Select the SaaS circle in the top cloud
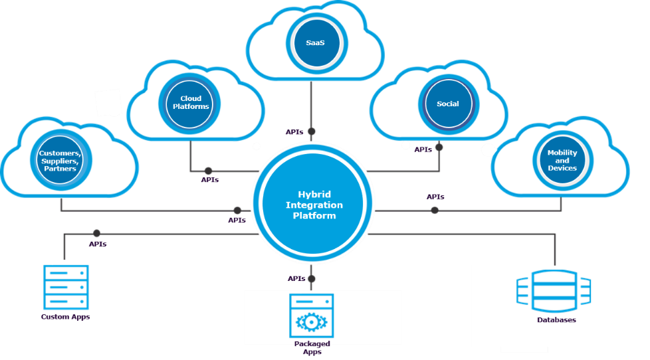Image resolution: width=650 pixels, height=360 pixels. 315,43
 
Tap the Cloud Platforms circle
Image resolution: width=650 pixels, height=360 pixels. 191,103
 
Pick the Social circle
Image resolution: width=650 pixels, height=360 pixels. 447,104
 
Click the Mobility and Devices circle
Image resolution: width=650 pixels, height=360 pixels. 562,161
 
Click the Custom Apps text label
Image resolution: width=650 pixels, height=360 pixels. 66,317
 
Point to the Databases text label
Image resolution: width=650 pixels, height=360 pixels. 556,320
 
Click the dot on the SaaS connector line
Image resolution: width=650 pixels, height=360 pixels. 312,132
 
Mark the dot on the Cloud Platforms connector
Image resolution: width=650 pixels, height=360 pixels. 208,171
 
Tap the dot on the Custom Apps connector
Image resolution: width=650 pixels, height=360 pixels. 97,233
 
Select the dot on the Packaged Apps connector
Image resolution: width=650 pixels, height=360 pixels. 312,279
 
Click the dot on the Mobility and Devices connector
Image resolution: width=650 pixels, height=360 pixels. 435,210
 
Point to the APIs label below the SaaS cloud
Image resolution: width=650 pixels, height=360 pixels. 294,132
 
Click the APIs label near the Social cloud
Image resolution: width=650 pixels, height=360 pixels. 423,150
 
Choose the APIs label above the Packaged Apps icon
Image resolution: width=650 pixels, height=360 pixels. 296,278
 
